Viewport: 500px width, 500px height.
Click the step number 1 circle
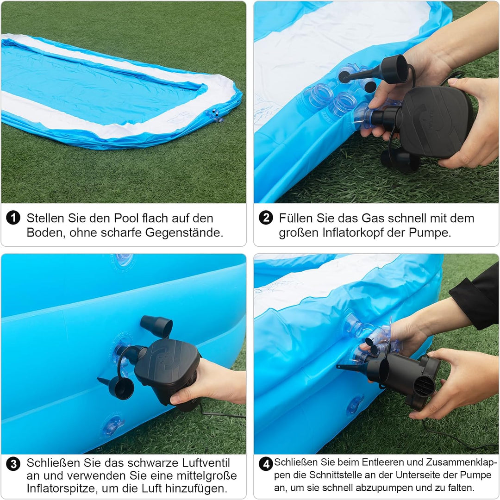click(13, 218)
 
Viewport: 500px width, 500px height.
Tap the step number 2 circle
click(266, 218)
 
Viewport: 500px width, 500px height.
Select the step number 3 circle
click(13, 464)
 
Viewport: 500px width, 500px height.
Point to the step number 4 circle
click(266, 464)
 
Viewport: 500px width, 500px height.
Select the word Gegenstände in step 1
click(184, 233)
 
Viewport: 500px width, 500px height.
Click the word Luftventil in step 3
click(206, 462)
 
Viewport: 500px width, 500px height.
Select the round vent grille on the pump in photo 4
click(425, 385)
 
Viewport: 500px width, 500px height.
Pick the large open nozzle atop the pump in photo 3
click(156, 326)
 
